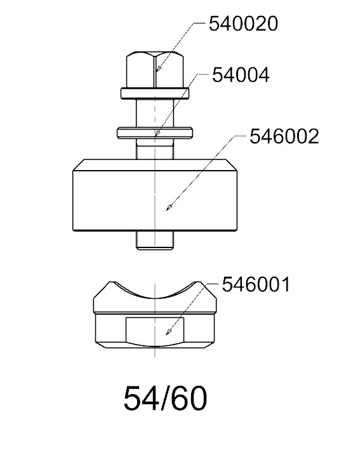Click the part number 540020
tap(243, 23)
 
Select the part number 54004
tap(241, 75)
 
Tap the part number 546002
tap(284, 136)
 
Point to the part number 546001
tap(256, 284)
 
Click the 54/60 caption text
tap(166, 398)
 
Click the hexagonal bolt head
tap(155, 70)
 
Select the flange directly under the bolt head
tap(155, 93)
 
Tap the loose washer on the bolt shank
tap(155, 133)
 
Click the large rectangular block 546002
tap(155, 195)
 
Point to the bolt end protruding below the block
tap(155, 240)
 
